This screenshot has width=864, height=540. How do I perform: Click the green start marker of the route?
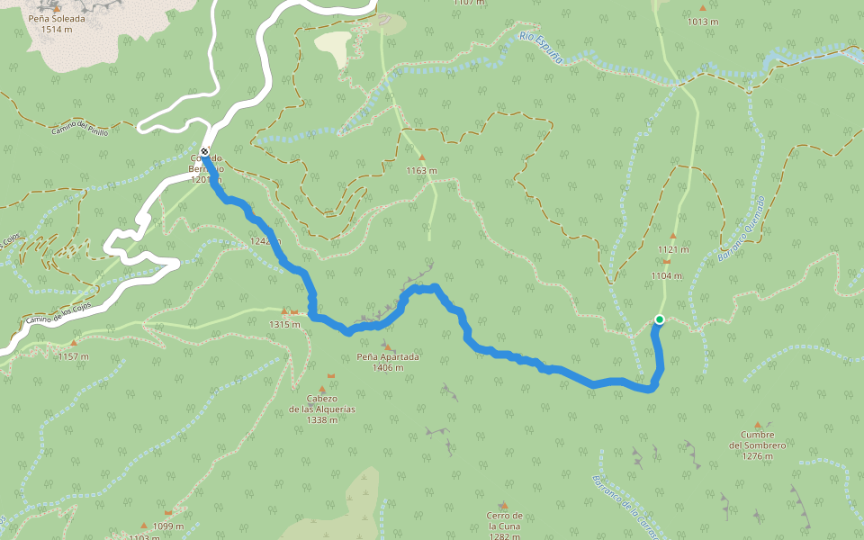pyautogui.click(x=660, y=319)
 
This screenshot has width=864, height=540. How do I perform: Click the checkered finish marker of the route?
pyautogui.click(x=205, y=151)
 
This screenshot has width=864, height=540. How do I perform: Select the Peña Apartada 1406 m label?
pyautogui.click(x=388, y=362)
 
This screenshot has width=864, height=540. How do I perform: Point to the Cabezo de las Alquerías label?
pyautogui.click(x=321, y=409)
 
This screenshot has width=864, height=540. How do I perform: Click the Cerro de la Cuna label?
pyautogui.click(x=505, y=526)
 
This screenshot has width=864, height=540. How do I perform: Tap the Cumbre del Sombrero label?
pyautogui.click(x=758, y=450)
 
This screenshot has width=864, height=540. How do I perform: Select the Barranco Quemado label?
pyautogui.click(x=742, y=229)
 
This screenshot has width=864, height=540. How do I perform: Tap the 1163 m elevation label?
pyautogui.click(x=421, y=170)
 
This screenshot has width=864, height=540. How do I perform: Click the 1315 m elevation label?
pyautogui.click(x=283, y=324)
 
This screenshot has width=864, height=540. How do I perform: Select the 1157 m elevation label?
pyautogui.click(x=73, y=356)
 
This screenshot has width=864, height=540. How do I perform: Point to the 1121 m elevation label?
pyautogui.click(x=673, y=249)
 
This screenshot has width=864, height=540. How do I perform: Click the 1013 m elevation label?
pyautogui.click(x=703, y=22)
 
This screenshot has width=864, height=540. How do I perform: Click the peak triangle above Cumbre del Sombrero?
pyautogui.click(x=757, y=425)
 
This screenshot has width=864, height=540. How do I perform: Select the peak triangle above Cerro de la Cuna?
pyautogui.click(x=504, y=505)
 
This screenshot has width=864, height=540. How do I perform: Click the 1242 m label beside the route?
pyautogui.click(x=265, y=241)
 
